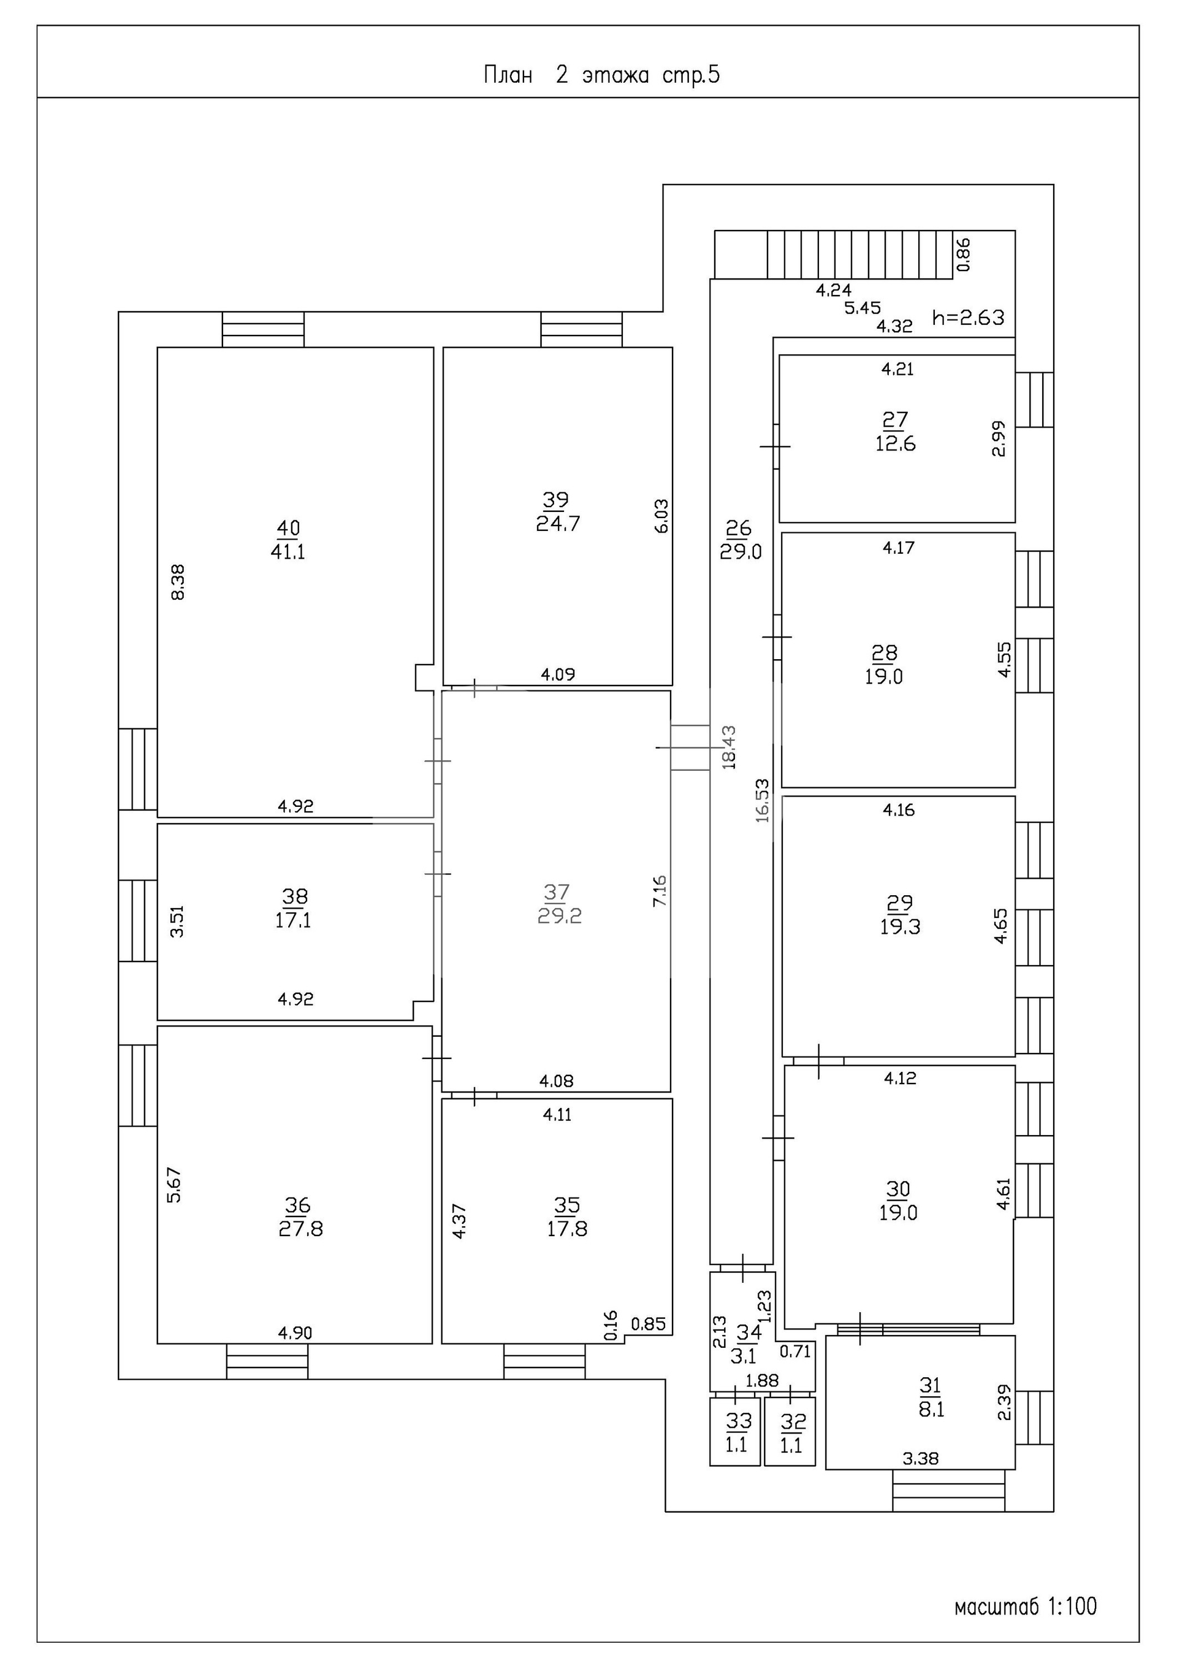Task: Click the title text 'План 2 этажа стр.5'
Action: pyautogui.click(x=601, y=75)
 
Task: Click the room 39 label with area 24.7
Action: pyautogui.click(x=557, y=511)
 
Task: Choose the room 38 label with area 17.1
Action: pyautogui.click(x=293, y=909)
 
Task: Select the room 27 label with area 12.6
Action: pyautogui.click(x=896, y=432)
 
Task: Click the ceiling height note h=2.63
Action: pyautogui.click(x=968, y=317)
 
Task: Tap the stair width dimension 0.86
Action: pyautogui.click(x=964, y=254)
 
